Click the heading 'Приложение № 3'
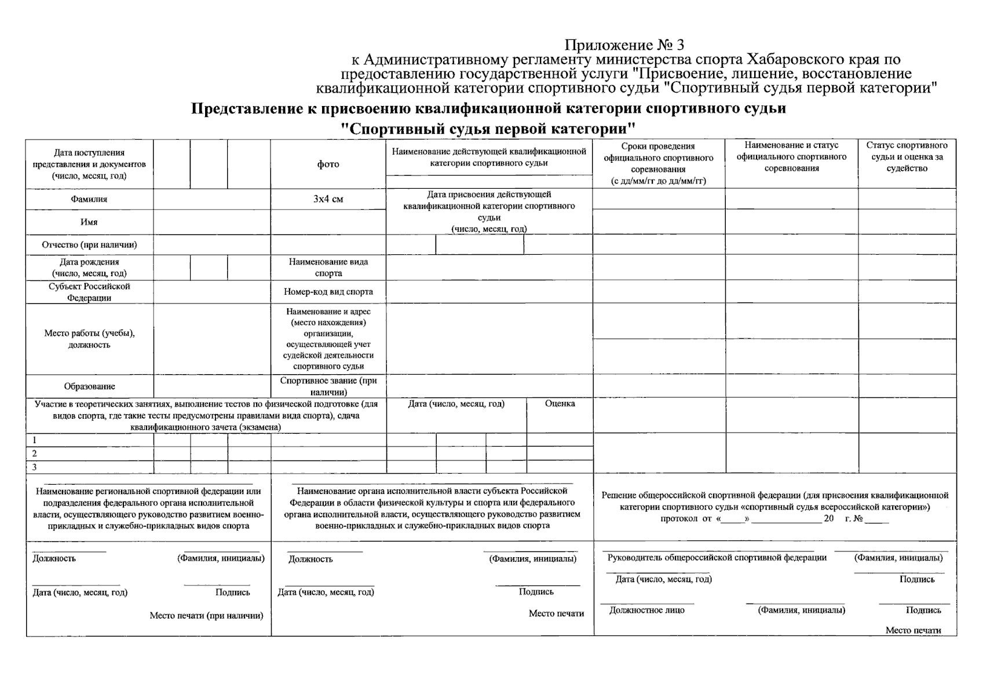point(624,45)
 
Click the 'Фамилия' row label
point(89,199)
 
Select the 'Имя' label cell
point(89,222)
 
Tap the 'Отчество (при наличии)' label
point(89,244)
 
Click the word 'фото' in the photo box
point(328,164)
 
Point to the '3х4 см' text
point(328,199)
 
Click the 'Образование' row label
point(89,386)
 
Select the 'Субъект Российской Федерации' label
point(89,292)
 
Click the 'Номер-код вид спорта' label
point(328,292)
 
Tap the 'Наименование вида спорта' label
point(328,267)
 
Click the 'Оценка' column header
point(560,404)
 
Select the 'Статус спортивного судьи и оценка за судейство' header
point(907,157)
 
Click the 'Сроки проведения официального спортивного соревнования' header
point(658,163)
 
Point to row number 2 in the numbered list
point(35,453)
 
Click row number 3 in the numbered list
point(35,467)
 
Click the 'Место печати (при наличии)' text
point(206,616)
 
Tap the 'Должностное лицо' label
point(646,610)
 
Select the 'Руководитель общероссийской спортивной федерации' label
point(717,558)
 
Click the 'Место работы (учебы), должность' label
point(89,339)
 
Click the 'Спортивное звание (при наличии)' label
point(328,386)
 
